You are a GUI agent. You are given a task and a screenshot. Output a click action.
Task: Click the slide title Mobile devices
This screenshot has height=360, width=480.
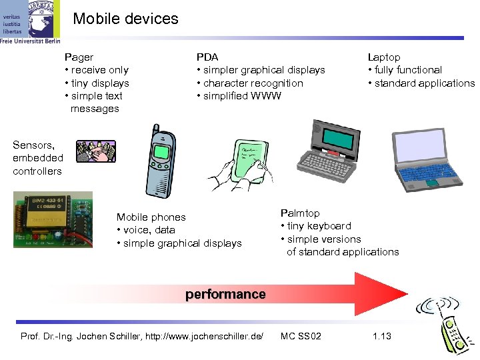pyautogui.click(x=125, y=19)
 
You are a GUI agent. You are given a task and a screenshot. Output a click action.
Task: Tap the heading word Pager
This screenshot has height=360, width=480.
pyautogui.click(x=79, y=57)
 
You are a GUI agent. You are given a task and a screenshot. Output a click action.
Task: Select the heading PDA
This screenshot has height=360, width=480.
pyautogui.click(x=207, y=57)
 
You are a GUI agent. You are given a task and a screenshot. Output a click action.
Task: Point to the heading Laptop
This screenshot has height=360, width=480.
pyautogui.click(x=384, y=57)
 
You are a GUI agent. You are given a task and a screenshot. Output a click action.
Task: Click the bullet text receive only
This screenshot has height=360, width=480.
pyautogui.click(x=99, y=70)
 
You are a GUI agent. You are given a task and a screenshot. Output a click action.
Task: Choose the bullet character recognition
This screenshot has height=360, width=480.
pyautogui.click(x=253, y=83)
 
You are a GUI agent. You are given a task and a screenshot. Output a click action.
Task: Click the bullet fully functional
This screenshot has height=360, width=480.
pyautogui.click(x=408, y=70)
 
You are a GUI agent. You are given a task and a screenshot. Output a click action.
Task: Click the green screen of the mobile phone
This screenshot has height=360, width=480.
pyautogui.click(x=161, y=152)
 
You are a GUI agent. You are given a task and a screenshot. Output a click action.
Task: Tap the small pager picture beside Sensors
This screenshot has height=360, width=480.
pyautogui.click(x=95, y=151)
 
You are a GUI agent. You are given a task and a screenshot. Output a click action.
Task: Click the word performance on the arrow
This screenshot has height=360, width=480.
pyautogui.click(x=225, y=294)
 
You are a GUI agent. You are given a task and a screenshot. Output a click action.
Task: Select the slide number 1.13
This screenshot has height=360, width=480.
pyautogui.click(x=382, y=336)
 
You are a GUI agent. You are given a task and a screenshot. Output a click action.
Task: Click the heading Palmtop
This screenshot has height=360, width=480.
pyautogui.click(x=300, y=213)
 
